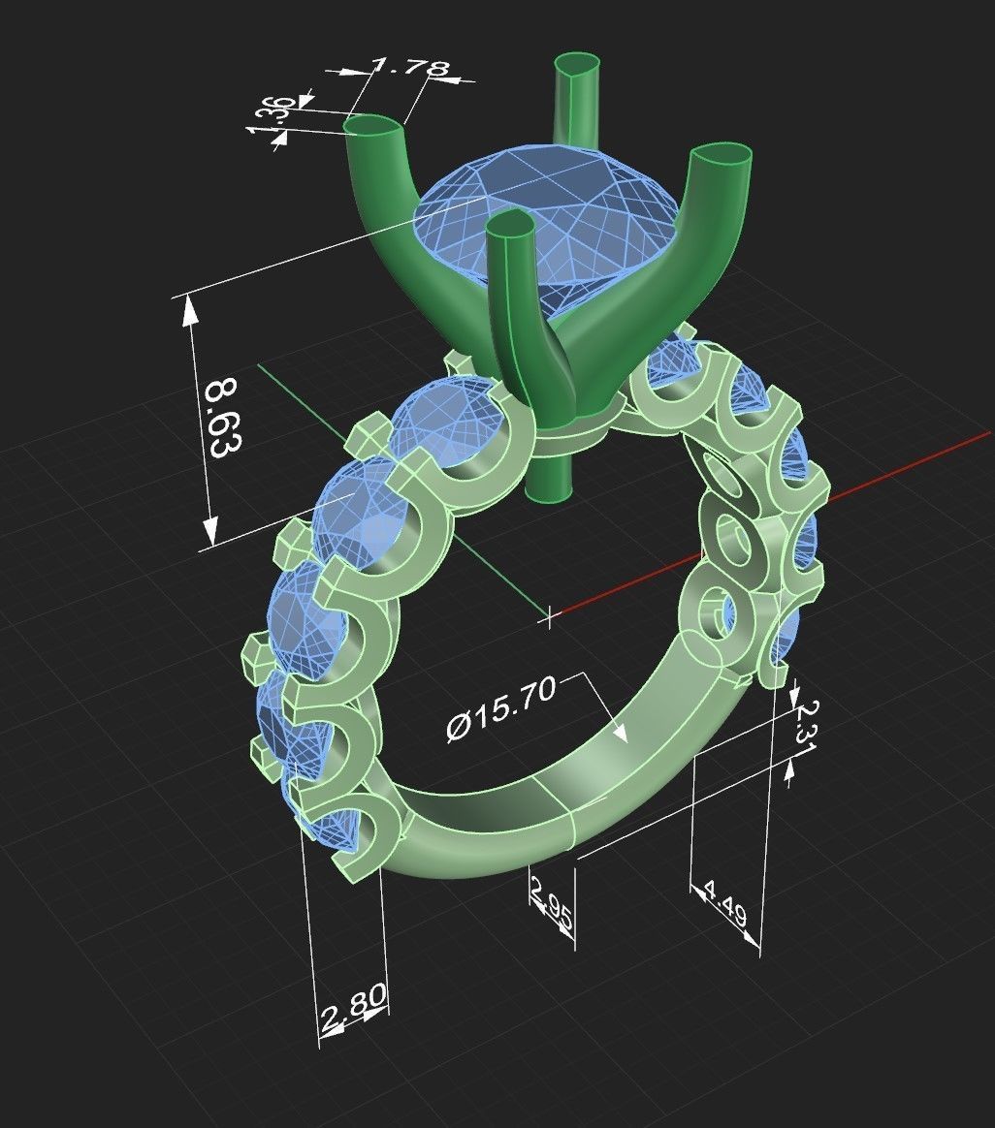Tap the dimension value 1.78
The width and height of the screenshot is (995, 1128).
pos(409,68)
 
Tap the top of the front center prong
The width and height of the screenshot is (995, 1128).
pos(510,227)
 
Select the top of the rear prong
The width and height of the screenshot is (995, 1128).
pos(576,68)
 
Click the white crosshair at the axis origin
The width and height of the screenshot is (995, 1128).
pos(550,614)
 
